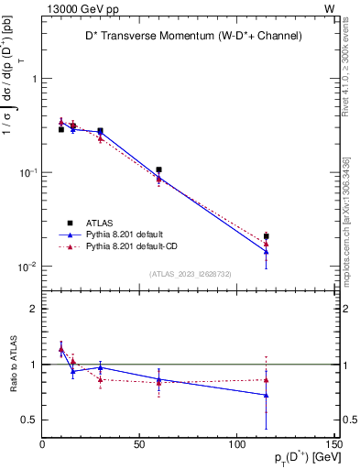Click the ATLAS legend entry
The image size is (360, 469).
pos(100,223)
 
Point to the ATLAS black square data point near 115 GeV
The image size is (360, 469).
pos(266,236)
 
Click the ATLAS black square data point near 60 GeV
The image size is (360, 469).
pos(159,169)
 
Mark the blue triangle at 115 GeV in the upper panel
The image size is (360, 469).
pos(266,251)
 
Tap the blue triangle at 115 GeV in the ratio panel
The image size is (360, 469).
pos(266,395)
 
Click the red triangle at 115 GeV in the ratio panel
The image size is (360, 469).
pos(266,379)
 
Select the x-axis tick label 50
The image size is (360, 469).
pos(139,444)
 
